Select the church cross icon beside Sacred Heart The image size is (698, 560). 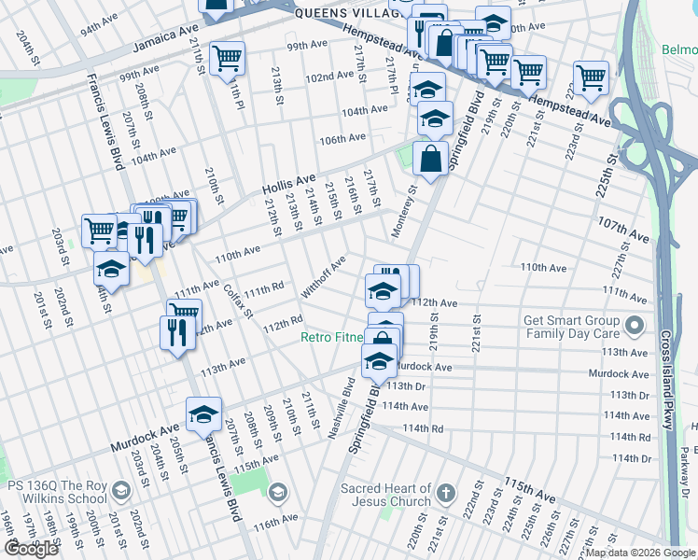(446, 492)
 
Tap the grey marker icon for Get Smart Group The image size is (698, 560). (635, 326)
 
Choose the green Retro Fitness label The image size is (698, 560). (332, 337)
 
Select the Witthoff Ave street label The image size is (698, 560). (324, 276)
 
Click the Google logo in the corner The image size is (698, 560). (31, 549)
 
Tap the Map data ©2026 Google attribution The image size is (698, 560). (639, 553)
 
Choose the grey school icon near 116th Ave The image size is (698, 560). (277, 492)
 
